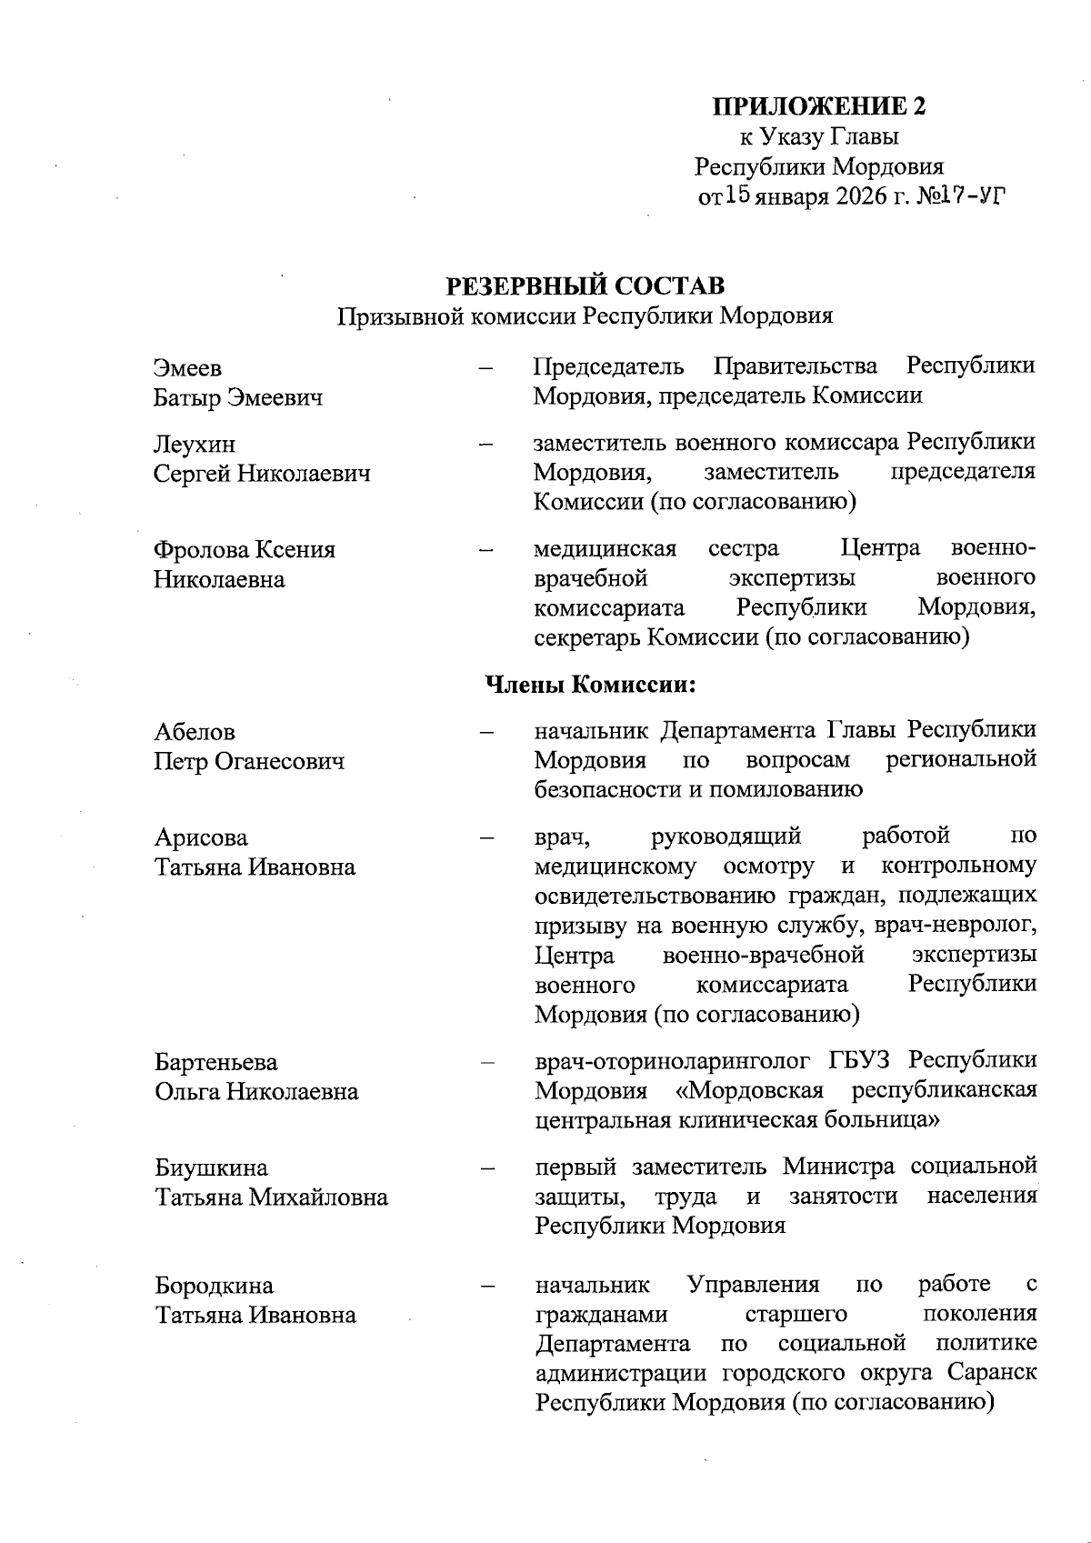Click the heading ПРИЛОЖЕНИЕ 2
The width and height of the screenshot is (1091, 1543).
[x=818, y=106]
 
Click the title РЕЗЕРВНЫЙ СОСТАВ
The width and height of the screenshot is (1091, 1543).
[x=585, y=286]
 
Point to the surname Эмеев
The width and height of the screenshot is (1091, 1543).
[x=188, y=368]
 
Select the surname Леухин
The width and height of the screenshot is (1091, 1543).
[x=195, y=444]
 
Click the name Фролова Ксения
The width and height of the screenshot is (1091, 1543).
[x=245, y=549]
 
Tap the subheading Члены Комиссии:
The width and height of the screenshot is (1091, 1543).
[x=591, y=684]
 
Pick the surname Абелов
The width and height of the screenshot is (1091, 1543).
[x=195, y=732]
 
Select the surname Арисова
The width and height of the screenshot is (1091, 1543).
[x=201, y=837]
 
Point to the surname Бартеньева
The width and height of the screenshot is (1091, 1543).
[x=216, y=1062]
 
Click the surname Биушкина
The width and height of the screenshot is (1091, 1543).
[x=211, y=1167]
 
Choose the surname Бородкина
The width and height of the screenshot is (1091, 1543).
[x=214, y=1286]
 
